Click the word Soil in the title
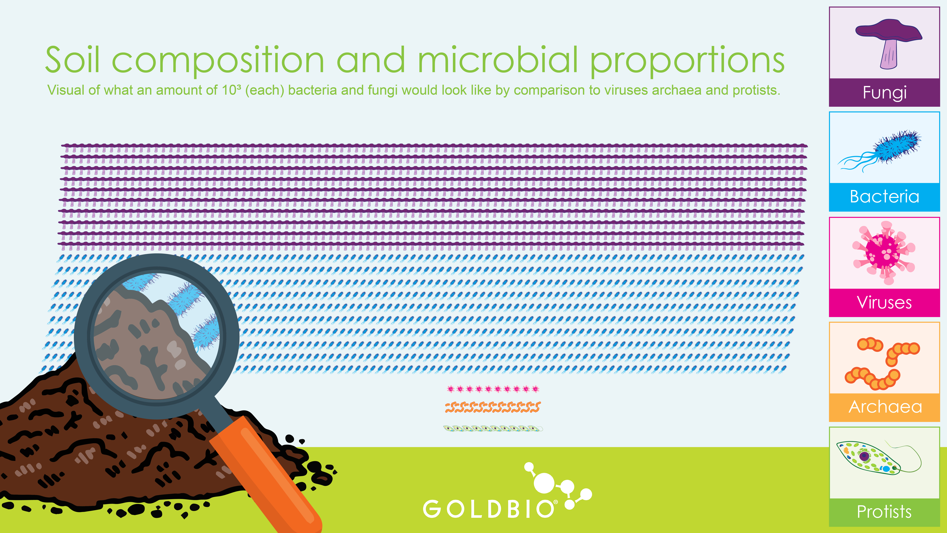(x=72, y=60)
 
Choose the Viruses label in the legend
(x=884, y=302)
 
